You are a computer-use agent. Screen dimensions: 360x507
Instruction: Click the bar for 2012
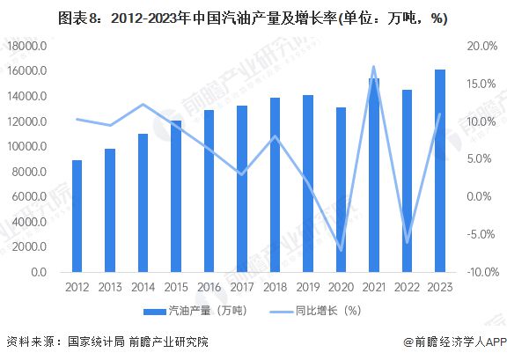tap(77, 217)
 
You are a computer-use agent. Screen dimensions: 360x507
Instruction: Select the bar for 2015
tap(175, 196)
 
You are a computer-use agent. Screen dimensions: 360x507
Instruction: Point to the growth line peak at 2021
tap(373, 67)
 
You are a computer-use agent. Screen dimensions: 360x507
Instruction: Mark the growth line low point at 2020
tap(341, 250)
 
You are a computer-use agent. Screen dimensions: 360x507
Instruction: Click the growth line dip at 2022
tap(407, 242)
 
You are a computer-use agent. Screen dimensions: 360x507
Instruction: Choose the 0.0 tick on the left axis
tap(36, 273)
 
